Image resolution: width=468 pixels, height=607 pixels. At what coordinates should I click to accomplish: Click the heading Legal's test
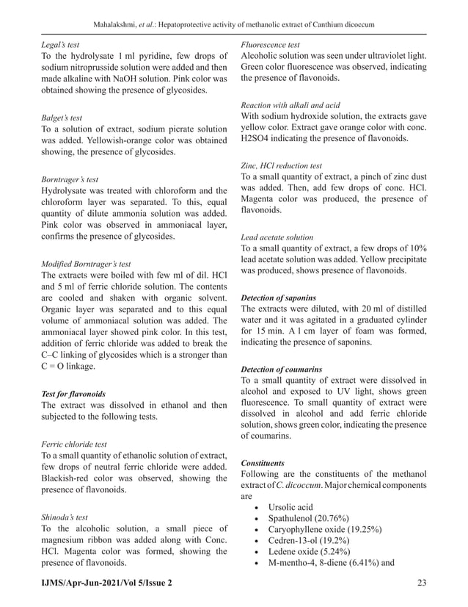click(x=60, y=44)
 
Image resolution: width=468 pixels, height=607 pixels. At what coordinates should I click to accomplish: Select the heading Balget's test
click(x=62, y=117)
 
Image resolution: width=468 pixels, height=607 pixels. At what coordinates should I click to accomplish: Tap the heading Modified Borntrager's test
click(x=86, y=262)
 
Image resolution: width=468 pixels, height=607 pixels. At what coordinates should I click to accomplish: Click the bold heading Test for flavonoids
click(x=73, y=393)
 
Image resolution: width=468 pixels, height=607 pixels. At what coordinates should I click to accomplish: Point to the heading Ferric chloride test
click(x=74, y=444)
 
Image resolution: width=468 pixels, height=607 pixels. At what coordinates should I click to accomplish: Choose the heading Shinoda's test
click(x=64, y=517)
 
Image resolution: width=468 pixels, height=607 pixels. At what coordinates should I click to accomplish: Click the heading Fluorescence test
click(x=270, y=44)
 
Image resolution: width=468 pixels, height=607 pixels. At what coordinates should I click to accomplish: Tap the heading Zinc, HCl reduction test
click(x=282, y=165)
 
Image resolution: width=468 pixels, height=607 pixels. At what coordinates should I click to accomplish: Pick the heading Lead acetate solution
click(x=277, y=237)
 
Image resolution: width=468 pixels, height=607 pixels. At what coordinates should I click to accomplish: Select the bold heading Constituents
click(x=263, y=463)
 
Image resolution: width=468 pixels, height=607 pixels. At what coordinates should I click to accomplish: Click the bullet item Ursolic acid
click(x=290, y=507)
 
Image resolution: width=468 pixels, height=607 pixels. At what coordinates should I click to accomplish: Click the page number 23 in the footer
click(x=421, y=583)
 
